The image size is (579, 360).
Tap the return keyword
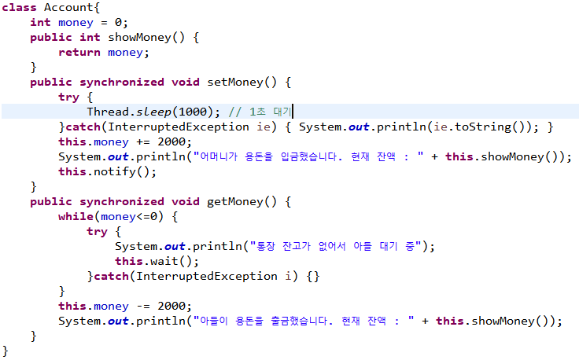(x=79, y=52)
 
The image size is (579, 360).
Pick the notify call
(x=120, y=171)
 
